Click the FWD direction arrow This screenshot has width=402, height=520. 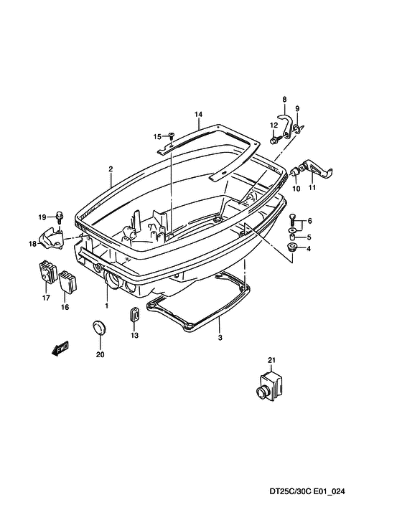pyautogui.click(x=60, y=349)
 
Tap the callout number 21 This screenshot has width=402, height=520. pyautogui.click(x=271, y=360)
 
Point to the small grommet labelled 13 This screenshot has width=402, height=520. pyautogui.click(x=134, y=314)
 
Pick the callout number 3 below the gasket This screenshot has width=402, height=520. pyautogui.click(x=220, y=338)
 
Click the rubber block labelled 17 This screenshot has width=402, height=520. pyautogui.click(x=47, y=272)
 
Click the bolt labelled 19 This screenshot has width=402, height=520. pyautogui.click(x=60, y=217)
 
